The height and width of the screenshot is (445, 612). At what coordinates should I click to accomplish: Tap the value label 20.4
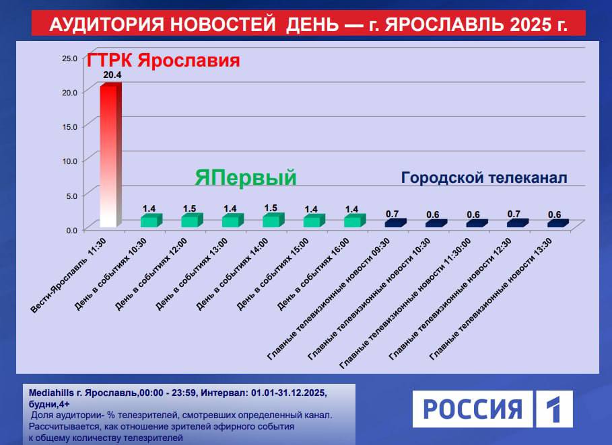tap(112, 75)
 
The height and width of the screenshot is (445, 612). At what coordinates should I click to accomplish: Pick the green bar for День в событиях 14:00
tap(272, 220)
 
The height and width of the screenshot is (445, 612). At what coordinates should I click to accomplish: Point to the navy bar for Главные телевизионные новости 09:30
tap(394, 223)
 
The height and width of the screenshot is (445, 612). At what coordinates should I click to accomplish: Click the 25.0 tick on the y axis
tap(69, 58)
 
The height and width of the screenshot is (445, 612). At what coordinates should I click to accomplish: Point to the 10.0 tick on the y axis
tap(69, 161)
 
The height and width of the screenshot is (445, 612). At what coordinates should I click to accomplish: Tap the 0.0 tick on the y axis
tap(71, 230)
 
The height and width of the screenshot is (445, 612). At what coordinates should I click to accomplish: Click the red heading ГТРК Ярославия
tap(163, 60)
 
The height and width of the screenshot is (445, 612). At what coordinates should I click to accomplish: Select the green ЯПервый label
tap(246, 177)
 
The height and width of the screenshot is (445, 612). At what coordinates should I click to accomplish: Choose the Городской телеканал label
tap(483, 178)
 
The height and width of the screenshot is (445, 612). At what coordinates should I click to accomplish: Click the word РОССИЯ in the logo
tap(472, 409)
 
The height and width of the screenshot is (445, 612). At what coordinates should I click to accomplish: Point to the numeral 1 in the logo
tap(553, 409)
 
